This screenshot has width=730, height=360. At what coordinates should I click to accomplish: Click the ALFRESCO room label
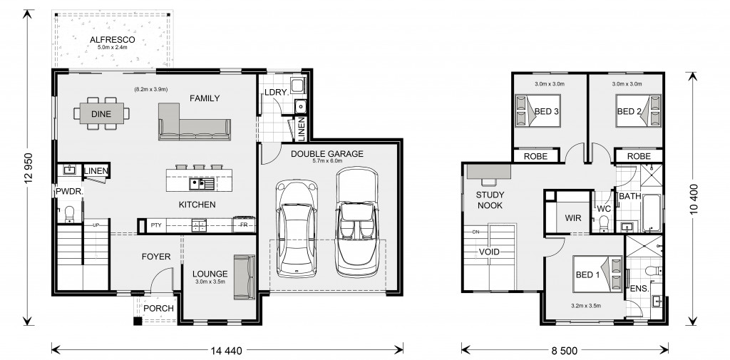tap(112, 40)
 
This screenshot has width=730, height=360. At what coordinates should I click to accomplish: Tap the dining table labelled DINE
tap(101, 113)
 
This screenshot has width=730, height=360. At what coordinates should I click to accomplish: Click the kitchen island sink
tap(202, 184)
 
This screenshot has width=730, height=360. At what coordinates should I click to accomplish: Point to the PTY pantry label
tap(156, 226)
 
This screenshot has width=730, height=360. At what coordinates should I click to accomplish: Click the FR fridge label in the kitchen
tap(244, 226)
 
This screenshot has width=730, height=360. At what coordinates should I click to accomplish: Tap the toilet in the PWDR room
tap(69, 215)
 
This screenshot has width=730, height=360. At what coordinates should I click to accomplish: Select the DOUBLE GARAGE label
tap(327, 154)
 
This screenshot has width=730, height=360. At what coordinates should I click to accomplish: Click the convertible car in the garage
tap(356, 222)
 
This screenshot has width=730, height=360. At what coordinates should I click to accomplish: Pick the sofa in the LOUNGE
tap(245, 277)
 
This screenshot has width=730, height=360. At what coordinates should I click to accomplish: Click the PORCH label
tap(158, 308)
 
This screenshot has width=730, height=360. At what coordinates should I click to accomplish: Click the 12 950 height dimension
tap(29, 168)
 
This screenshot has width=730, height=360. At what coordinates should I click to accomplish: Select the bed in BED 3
tap(538, 110)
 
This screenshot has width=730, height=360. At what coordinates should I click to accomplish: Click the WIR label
tap(572, 218)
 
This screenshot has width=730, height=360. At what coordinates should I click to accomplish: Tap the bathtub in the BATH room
tap(652, 213)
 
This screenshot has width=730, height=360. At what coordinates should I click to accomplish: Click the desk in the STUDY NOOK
tap(488, 171)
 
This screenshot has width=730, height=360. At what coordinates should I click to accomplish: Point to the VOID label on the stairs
tap(489, 252)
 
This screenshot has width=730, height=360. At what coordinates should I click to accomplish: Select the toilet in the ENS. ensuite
tap(656, 271)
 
